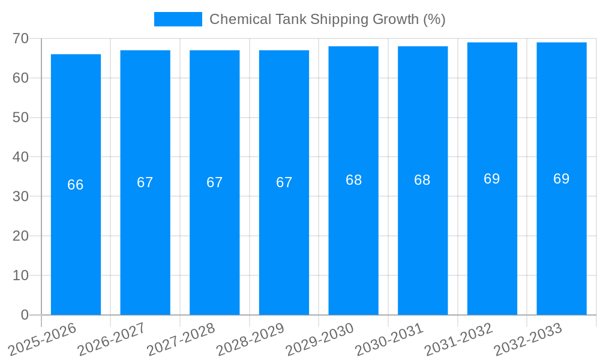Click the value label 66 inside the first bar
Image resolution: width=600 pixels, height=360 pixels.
[76, 185]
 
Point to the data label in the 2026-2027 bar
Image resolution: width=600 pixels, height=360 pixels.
[145, 182]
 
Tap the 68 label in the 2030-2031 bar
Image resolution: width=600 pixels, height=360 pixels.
[422, 180]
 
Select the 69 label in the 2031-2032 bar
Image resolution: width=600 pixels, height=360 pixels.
[492, 179]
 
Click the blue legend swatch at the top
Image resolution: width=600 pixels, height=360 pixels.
[178, 19]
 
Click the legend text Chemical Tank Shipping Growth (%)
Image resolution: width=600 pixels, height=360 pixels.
[327, 19]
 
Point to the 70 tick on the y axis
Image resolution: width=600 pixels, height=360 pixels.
[20, 38]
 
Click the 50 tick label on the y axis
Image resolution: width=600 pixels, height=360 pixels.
[20, 118]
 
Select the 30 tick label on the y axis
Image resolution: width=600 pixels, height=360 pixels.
[20, 196]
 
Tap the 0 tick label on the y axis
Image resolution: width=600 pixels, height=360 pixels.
[25, 315]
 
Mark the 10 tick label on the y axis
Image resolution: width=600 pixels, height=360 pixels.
[20, 275]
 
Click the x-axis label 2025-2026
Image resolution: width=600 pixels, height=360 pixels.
[43, 338]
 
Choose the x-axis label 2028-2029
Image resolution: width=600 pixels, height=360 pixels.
[251, 338]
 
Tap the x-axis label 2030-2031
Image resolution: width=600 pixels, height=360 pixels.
[390, 338]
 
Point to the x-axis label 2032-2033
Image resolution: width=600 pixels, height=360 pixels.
[529, 338]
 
